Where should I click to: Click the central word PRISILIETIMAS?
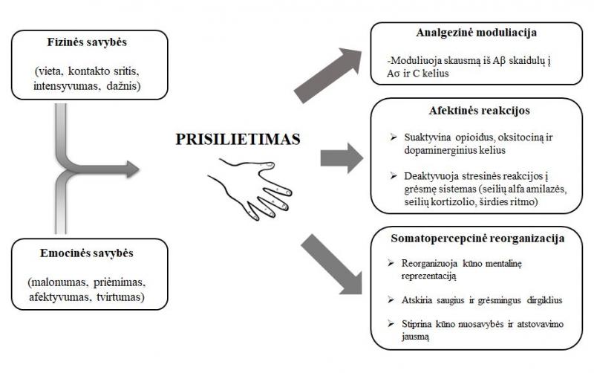(238, 139)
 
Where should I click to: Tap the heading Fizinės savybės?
(87, 42)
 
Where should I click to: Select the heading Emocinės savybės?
(87, 253)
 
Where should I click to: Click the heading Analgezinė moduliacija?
(476, 33)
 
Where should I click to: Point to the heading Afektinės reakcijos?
(479, 111)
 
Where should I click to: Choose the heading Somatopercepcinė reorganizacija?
(477, 239)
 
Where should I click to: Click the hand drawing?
(250, 189)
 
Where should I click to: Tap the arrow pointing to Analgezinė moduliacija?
(328, 76)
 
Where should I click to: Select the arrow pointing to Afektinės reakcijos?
(342, 158)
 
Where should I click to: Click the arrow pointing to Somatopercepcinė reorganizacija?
(331, 264)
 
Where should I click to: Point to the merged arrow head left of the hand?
(133, 169)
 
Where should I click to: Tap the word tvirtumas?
(118, 297)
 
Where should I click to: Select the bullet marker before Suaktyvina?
(394, 137)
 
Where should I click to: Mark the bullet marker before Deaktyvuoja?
(394, 176)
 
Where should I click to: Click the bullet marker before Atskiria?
(391, 300)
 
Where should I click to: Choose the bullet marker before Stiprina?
(391, 324)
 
